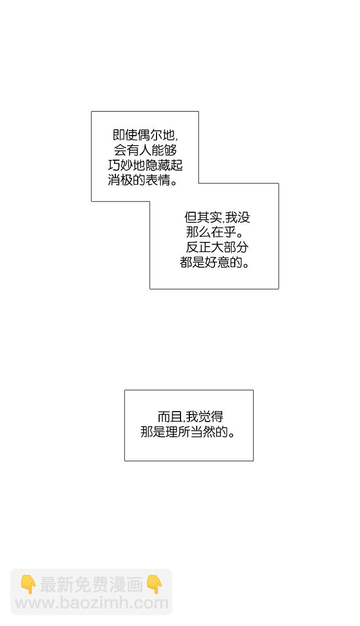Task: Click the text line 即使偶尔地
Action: [x=145, y=135]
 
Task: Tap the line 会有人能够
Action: [x=145, y=150]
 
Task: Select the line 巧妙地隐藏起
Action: [x=146, y=165]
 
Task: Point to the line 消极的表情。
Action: [x=143, y=180]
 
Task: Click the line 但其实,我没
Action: [x=217, y=217]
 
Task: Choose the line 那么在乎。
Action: [x=214, y=232]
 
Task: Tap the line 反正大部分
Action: [x=217, y=247]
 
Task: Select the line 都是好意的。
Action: [x=214, y=262]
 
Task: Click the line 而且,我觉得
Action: [x=190, y=417]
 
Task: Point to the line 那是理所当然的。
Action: [x=187, y=432]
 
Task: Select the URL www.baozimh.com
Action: [x=92, y=604]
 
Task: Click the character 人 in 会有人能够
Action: [x=145, y=150]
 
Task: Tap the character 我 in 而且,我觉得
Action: [x=192, y=417]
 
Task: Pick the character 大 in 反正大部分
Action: [x=217, y=247]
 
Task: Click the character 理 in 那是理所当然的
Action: [x=172, y=432]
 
